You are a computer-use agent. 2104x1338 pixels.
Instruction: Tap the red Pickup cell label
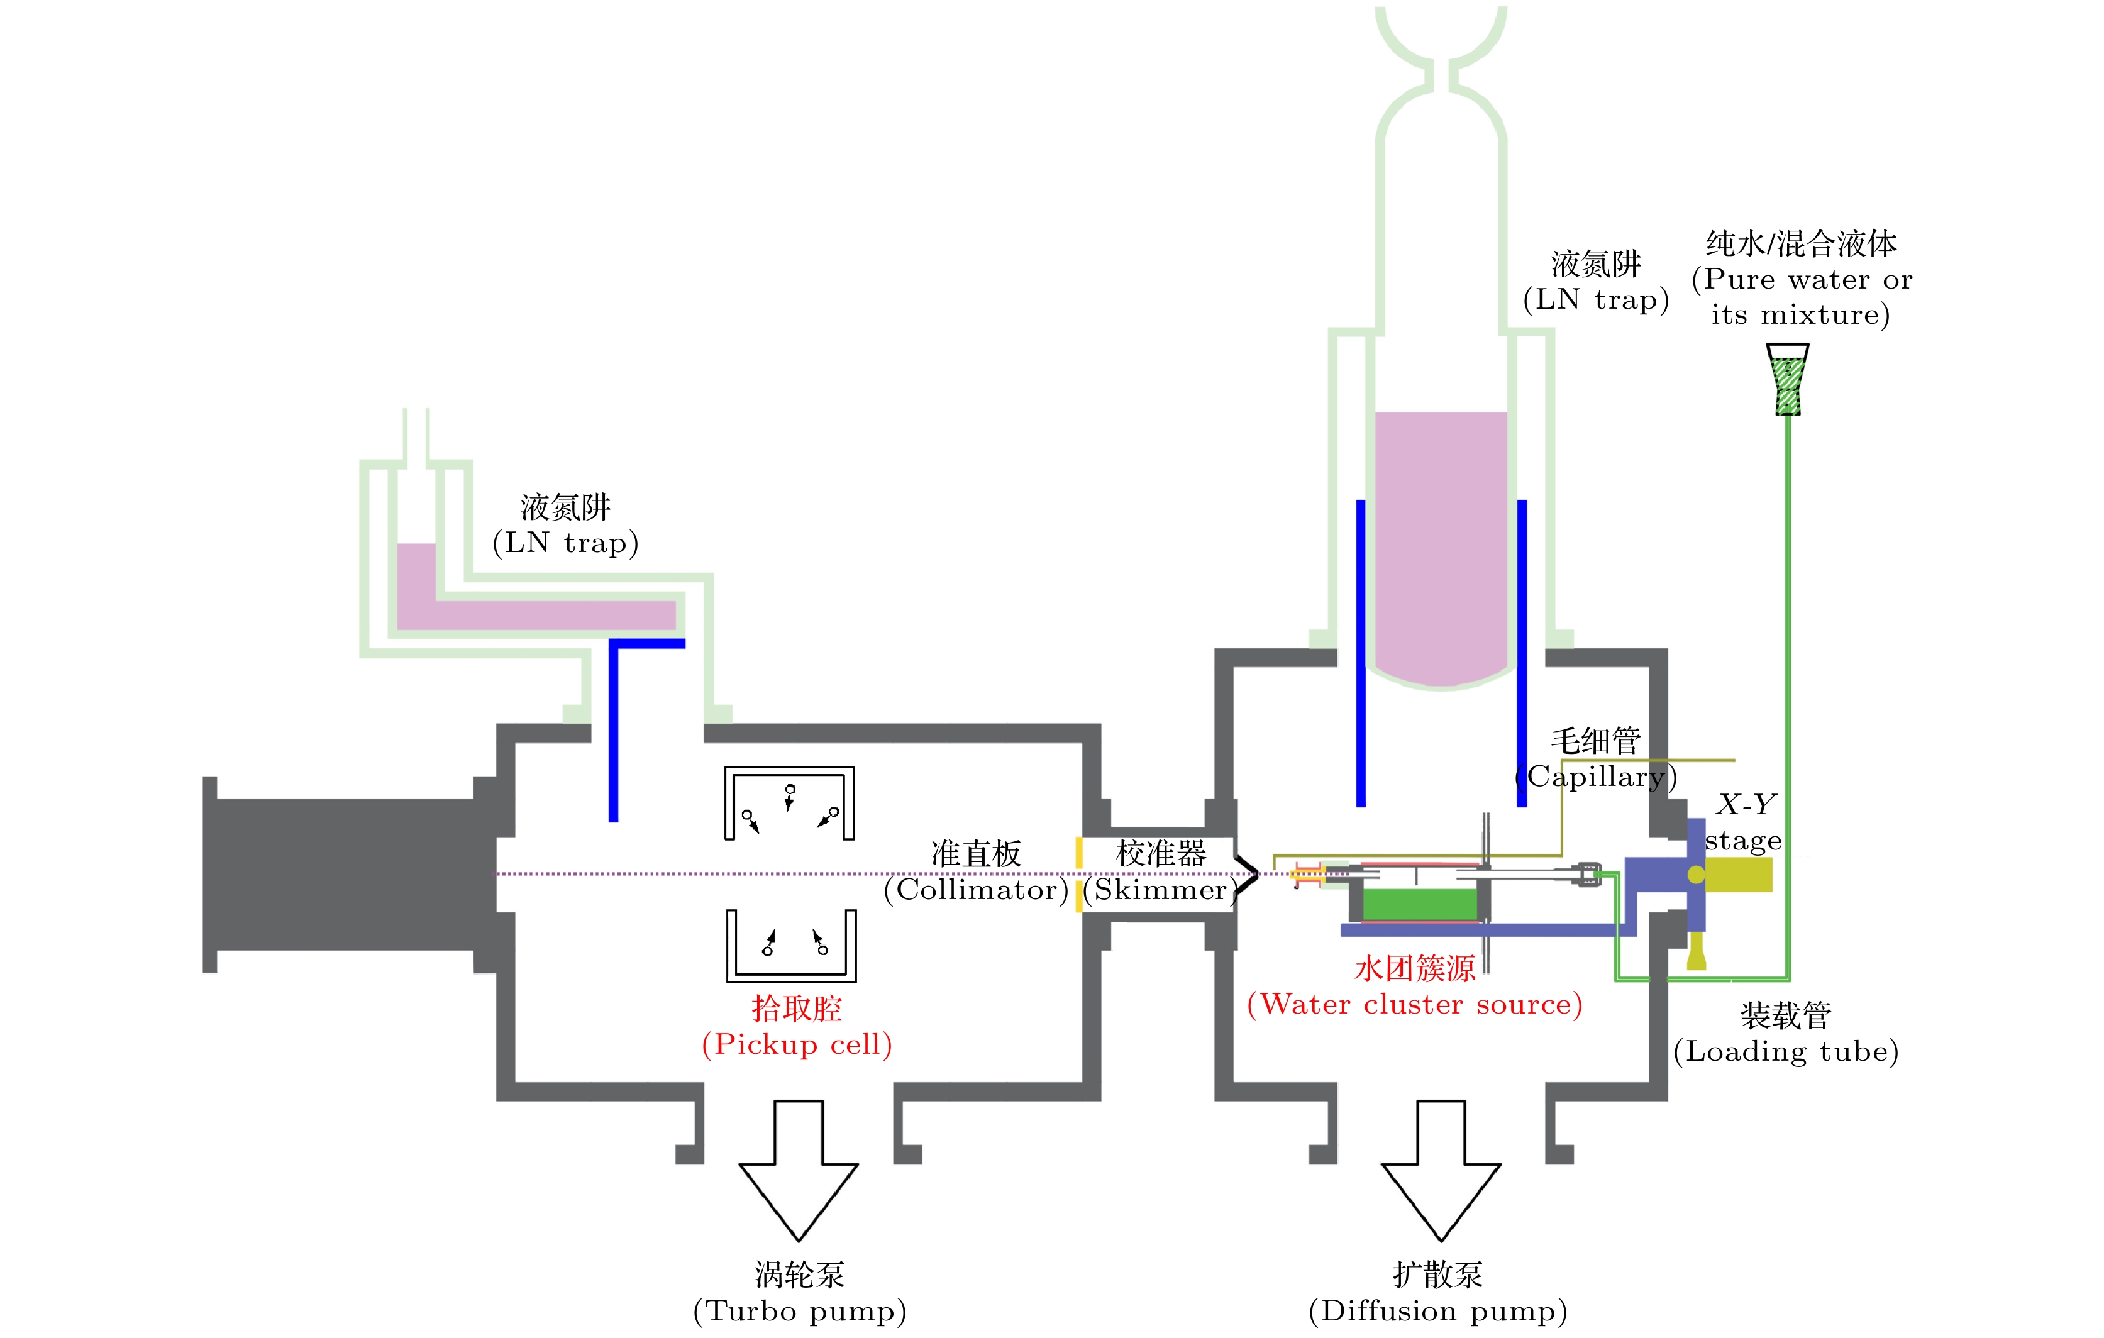coord(797,1027)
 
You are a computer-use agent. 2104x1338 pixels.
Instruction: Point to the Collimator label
coord(976,871)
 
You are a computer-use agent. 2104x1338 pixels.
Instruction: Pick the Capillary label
coord(1595,758)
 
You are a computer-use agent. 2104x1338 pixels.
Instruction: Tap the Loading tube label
coord(1786,1033)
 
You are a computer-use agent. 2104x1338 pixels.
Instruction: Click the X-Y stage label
coord(1744,822)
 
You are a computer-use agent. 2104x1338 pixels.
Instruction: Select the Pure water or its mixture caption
coord(1802,278)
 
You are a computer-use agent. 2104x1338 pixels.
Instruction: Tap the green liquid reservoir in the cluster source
coord(1419,905)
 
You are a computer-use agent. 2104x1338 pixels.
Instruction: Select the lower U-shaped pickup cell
coord(792,946)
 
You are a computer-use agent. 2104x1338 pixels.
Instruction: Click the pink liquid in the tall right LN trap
coord(1441,542)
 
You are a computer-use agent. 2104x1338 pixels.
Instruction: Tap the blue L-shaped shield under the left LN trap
coord(615,726)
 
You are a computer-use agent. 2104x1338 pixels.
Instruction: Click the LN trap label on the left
coord(565,524)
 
